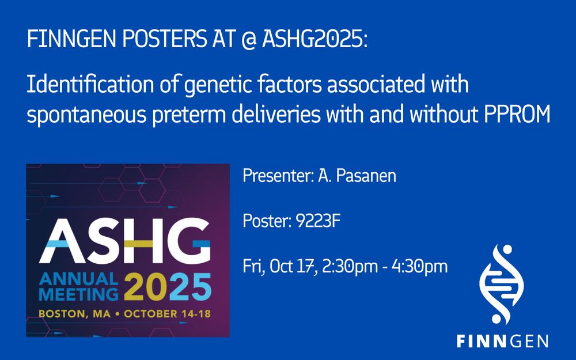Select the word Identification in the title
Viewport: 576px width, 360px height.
pyautogui.click(x=90, y=85)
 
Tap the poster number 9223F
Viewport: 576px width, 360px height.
pyautogui.click(x=318, y=221)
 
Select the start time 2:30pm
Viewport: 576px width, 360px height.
pyautogui.click(x=350, y=267)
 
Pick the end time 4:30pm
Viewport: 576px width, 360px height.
pyautogui.click(x=419, y=267)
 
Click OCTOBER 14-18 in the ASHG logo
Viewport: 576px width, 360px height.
pyautogui.click(x=167, y=314)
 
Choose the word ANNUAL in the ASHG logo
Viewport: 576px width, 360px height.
pyautogui.click(x=78, y=279)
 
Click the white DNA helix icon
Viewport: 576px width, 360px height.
pyautogui.click(x=502, y=285)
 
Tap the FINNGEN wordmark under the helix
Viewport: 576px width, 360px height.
pyautogui.click(x=502, y=341)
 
